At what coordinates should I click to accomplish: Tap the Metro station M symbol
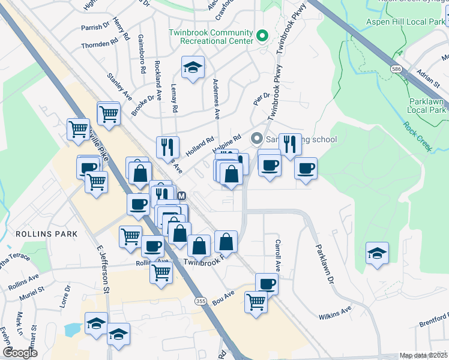click(182, 196)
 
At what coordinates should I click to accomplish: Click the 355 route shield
click(198, 299)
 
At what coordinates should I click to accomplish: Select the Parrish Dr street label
click(98, 27)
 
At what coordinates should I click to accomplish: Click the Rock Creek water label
click(417, 135)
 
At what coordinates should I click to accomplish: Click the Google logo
click(20, 353)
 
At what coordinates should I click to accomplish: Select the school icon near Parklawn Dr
click(377, 254)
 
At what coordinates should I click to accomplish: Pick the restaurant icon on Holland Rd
click(167, 148)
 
